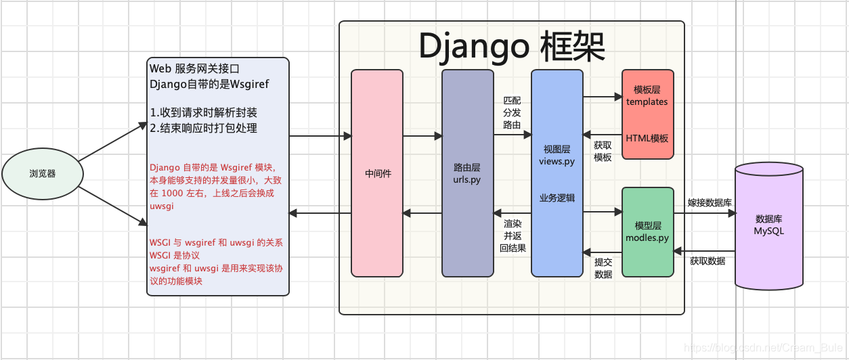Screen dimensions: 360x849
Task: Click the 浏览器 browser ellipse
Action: [43, 174]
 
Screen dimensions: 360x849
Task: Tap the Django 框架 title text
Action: [512, 46]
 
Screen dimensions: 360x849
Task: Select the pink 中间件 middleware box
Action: [377, 174]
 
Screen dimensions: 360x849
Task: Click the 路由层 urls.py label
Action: [466, 174]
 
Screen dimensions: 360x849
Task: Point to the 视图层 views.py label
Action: [557, 155]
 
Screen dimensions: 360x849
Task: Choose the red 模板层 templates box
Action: [647, 114]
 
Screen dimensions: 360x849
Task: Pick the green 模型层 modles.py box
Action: [647, 232]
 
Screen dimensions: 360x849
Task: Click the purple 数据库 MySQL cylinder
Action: [769, 225]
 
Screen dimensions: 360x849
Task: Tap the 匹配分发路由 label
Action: [512, 112]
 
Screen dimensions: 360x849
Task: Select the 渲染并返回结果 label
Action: [513, 235]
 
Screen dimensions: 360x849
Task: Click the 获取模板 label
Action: [603, 151]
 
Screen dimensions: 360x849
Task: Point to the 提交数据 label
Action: [603, 268]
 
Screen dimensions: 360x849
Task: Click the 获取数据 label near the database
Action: [707, 261]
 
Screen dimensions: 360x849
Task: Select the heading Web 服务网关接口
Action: [194, 69]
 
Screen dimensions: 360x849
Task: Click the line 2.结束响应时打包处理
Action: [203, 128]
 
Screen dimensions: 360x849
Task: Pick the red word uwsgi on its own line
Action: [162, 206]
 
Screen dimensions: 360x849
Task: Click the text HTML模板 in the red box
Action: [647, 138]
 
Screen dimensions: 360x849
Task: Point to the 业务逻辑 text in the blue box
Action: [557, 198]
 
